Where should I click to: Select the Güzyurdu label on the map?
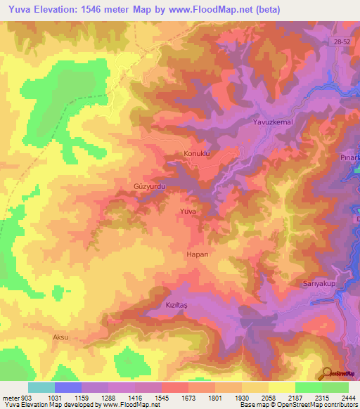click(148, 187)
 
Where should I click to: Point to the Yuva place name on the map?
click(187, 211)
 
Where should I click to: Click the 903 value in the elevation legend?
click(19, 398)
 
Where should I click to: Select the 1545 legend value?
click(174, 398)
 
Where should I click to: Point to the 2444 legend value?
click(349, 398)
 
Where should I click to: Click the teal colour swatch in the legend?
click(41, 387)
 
